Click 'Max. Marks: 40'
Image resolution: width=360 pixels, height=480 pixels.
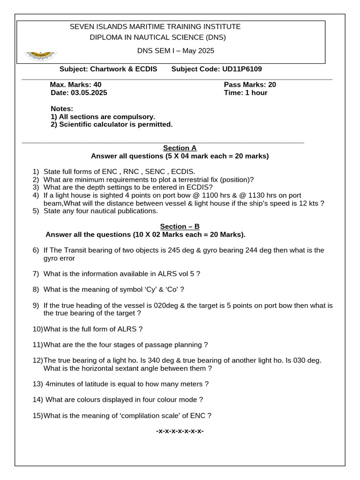(75, 85)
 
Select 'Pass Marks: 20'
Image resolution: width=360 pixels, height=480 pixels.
(250, 85)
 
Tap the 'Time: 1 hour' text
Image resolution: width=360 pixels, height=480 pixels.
(246, 93)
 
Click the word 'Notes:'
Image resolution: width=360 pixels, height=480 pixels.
(62, 109)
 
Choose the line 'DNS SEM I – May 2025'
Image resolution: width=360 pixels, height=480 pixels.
(175, 51)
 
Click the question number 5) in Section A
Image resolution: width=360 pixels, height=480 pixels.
(36, 211)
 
